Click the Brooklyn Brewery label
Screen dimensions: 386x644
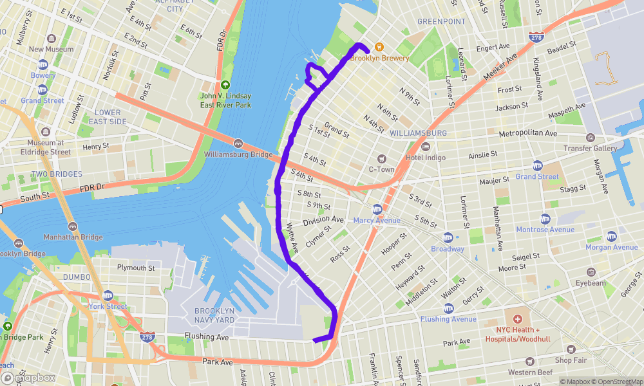coord(379,58)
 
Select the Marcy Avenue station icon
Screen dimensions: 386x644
coord(377,209)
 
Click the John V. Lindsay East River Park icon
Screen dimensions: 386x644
coord(225,85)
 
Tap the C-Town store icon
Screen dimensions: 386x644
coord(381,158)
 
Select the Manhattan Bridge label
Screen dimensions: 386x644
coord(73,237)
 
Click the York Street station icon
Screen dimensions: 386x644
coord(108,295)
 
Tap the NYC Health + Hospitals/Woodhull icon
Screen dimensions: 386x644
coord(516,318)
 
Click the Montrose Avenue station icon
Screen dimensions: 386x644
coord(545,219)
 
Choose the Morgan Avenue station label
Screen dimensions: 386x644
coord(612,248)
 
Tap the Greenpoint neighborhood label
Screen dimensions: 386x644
coord(441,21)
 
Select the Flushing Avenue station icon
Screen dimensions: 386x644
coord(448,308)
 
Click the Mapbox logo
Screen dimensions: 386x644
coord(29,378)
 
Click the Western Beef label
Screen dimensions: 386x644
coord(530,372)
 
